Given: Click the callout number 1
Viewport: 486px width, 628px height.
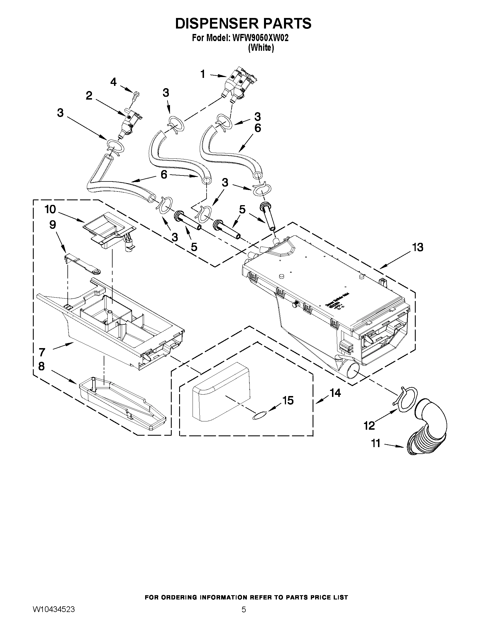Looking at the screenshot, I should point(203,74).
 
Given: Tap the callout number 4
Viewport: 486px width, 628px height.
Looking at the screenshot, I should point(113,82).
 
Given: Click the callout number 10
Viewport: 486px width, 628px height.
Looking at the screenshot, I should point(50,209).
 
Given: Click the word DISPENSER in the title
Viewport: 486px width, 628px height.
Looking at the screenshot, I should point(213,24).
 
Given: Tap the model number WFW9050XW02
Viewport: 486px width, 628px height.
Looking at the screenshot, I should point(260,38).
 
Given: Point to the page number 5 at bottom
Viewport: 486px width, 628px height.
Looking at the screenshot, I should point(244,609).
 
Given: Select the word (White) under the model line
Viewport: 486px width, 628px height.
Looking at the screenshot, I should point(261,48).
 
